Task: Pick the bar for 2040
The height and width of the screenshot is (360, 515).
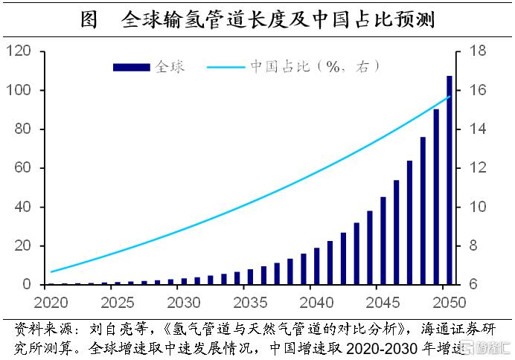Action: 316,266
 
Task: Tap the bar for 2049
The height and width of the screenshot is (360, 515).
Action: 436,197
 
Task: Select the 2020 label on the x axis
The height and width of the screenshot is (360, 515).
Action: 51,303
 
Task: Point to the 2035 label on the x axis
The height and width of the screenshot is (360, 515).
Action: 249,303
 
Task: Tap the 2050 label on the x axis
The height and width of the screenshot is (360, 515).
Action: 449,303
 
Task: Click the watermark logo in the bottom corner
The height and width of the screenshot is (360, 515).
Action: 487,347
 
